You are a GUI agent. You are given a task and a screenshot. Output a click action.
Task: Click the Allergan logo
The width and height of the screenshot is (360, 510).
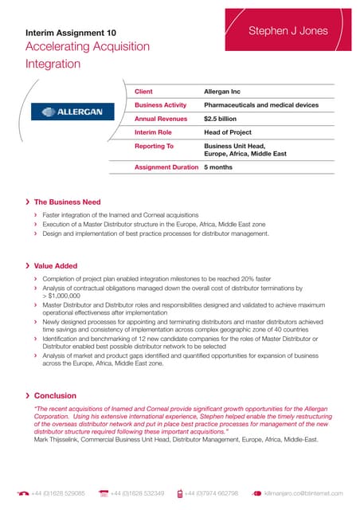tap(72, 112)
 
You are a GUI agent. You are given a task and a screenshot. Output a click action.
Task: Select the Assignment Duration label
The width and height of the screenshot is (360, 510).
tap(166, 167)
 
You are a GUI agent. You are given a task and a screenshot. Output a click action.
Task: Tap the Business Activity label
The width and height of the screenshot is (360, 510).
tap(160, 105)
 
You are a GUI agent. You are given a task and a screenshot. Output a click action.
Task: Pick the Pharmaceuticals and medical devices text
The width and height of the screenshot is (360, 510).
tap(261, 105)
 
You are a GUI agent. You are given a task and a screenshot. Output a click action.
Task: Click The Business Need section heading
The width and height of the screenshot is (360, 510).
tap(72, 202)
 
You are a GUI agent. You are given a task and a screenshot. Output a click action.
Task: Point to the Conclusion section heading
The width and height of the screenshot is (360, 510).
tap(56, 395)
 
